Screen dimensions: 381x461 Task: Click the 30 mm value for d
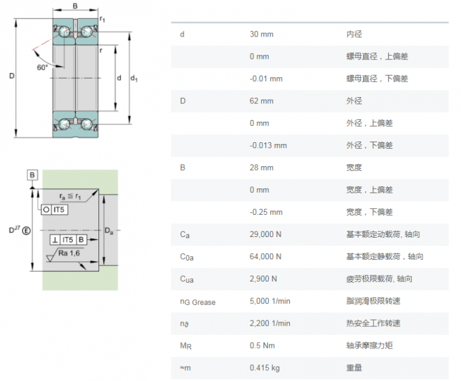(261, 34)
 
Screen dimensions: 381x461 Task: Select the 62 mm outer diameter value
(261, 101)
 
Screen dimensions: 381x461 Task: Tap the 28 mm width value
(261, 167)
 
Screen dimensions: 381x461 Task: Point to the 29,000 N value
(265, 234)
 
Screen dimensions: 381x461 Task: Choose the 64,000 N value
(265, 256)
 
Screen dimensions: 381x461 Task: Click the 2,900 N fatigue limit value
(264, 278)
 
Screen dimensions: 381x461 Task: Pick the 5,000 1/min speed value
(270, 301)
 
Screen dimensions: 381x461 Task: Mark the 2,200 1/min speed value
(270, 323)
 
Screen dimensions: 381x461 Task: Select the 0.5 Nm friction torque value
(262, 345)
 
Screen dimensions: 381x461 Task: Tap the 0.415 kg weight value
(264, 367)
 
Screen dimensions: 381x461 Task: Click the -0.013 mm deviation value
(268, 145)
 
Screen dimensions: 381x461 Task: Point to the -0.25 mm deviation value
(266, 212)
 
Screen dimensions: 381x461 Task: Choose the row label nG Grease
(197, 302)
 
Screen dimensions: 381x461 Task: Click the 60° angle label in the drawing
(42, 67)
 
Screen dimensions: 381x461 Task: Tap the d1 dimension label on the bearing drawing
(134, 79)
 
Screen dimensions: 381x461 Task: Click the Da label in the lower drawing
(109, 230)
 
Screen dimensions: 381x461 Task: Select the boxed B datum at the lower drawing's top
(32, 175)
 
